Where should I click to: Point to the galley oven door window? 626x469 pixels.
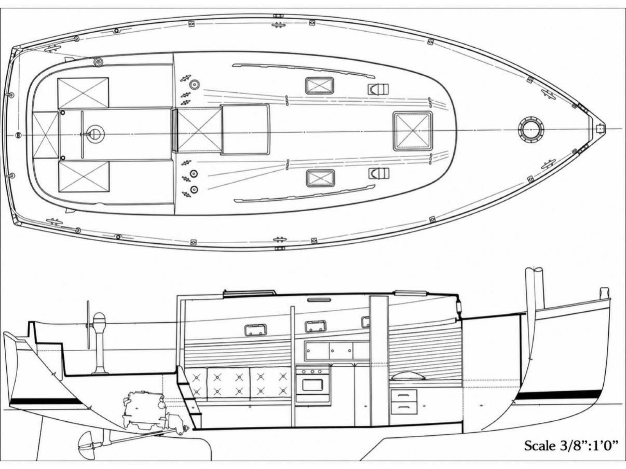click(x=313, y=385)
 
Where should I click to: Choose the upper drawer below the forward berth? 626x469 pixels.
click(x=403, y=396)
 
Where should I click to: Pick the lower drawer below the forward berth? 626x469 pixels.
click(x=403, y=408)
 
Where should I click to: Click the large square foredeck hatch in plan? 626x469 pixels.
click(x=413, y=131)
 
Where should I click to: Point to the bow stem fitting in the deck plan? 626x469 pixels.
click(x=600, y=129)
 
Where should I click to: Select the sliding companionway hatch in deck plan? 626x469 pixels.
click(x=245, y=129)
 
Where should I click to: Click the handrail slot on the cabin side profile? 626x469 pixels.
click(x=319, y=300)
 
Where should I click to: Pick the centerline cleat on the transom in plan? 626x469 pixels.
click(x=18, y=135)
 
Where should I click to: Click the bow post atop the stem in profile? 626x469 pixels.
click(x=604, y=293)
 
